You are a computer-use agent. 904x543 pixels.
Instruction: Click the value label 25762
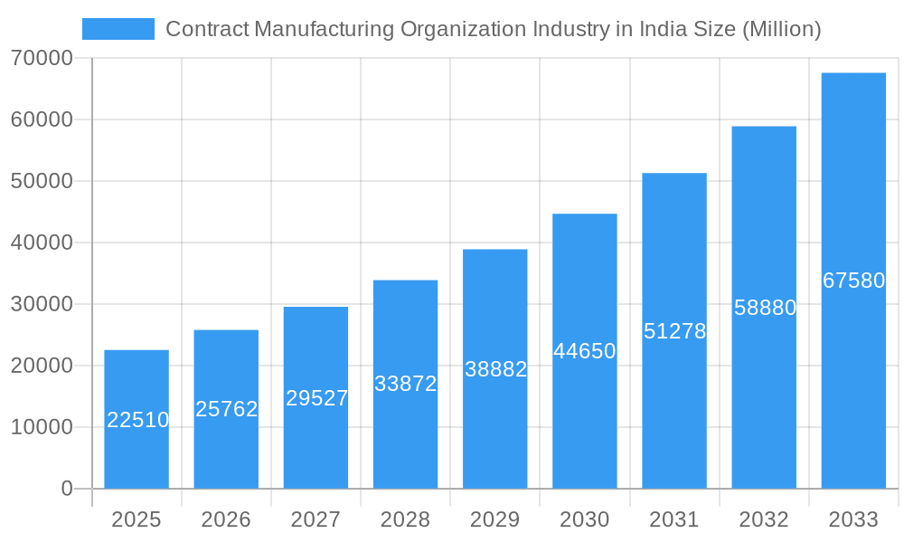point(227,409)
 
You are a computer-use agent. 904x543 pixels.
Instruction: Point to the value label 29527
point(316,398)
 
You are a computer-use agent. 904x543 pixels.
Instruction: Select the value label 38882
point(495,369)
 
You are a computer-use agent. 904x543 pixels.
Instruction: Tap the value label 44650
point(585,351)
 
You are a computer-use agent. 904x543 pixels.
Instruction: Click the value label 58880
point(765,308)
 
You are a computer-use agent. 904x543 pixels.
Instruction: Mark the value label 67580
point(853,281)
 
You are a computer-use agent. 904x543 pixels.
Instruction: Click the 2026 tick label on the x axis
point(226,519)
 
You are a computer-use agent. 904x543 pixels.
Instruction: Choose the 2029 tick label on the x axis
point(494,519)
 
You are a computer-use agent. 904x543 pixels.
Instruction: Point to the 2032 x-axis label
point(764,519)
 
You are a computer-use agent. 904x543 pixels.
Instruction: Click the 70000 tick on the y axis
point(42,58)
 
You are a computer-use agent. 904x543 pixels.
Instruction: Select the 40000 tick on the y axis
point(42,243)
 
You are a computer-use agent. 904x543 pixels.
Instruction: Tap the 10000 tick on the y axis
point(42,427)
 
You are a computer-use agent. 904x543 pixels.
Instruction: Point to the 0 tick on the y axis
point(67,489)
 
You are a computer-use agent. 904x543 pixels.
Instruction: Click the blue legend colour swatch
point(118,29)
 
